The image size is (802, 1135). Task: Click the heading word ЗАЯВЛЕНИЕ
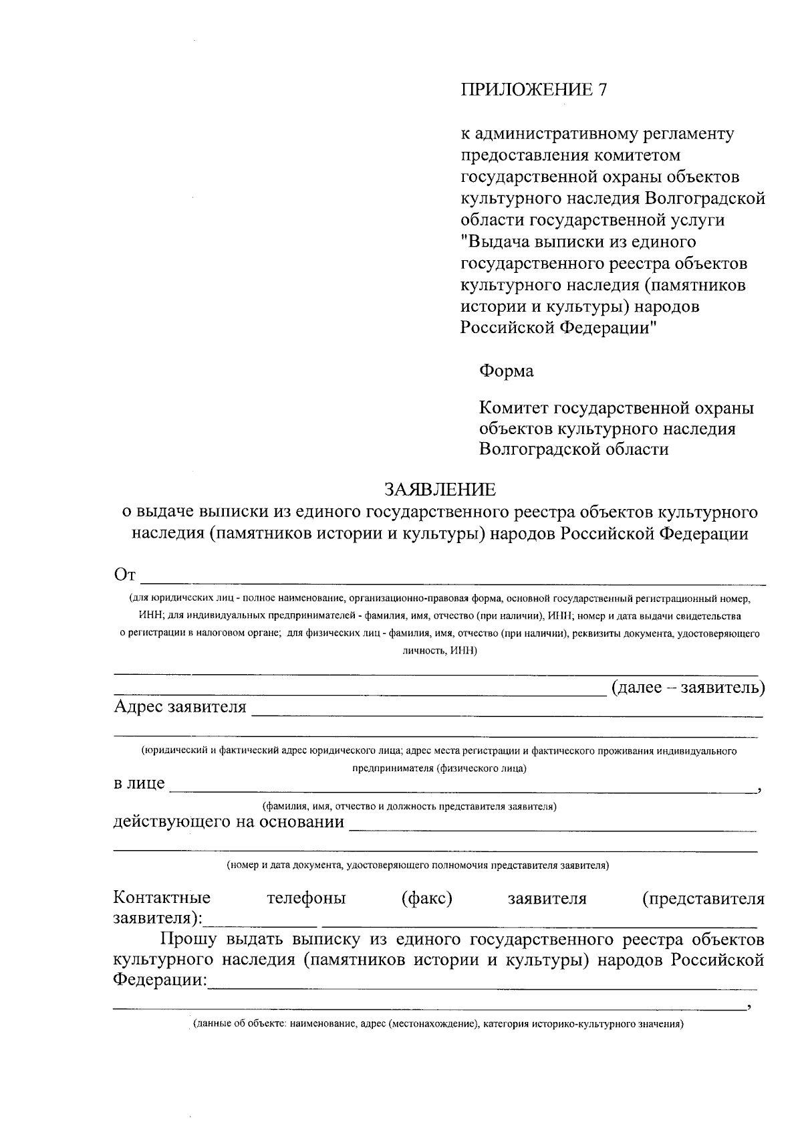[x=440, y=490]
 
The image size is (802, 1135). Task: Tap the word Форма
[x=507, y=371]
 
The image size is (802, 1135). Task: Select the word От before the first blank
[x=125, y=575]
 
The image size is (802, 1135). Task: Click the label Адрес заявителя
[x=180, y=707]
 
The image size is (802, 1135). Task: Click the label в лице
[x=139, y=783]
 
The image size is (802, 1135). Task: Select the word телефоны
[x=306, y=898]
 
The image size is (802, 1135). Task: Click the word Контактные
[x=162, y=898]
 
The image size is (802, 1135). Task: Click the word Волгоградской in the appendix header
[x=705, y=199]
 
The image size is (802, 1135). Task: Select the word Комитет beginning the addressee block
[x=513, y=407]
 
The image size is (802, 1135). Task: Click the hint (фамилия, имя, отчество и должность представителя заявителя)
[x=409, y=807]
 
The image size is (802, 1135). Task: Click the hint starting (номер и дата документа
[x=418, y=865]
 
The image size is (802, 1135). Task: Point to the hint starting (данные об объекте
[x=438, y=1024]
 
